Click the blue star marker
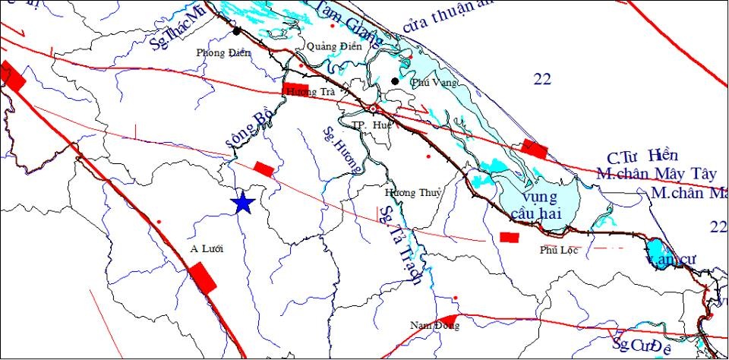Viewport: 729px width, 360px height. [x=242, y=203]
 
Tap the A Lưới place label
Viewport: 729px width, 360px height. [x=206, y=248]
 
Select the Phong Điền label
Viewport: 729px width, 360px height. [x=218, y=53]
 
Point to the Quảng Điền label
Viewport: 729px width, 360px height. [x=329, y=47]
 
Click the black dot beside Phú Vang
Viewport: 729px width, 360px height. [x=395, y=81]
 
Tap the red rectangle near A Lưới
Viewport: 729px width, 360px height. [x=203, y=276]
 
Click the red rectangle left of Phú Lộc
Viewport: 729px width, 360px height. [x=510, y=238]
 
